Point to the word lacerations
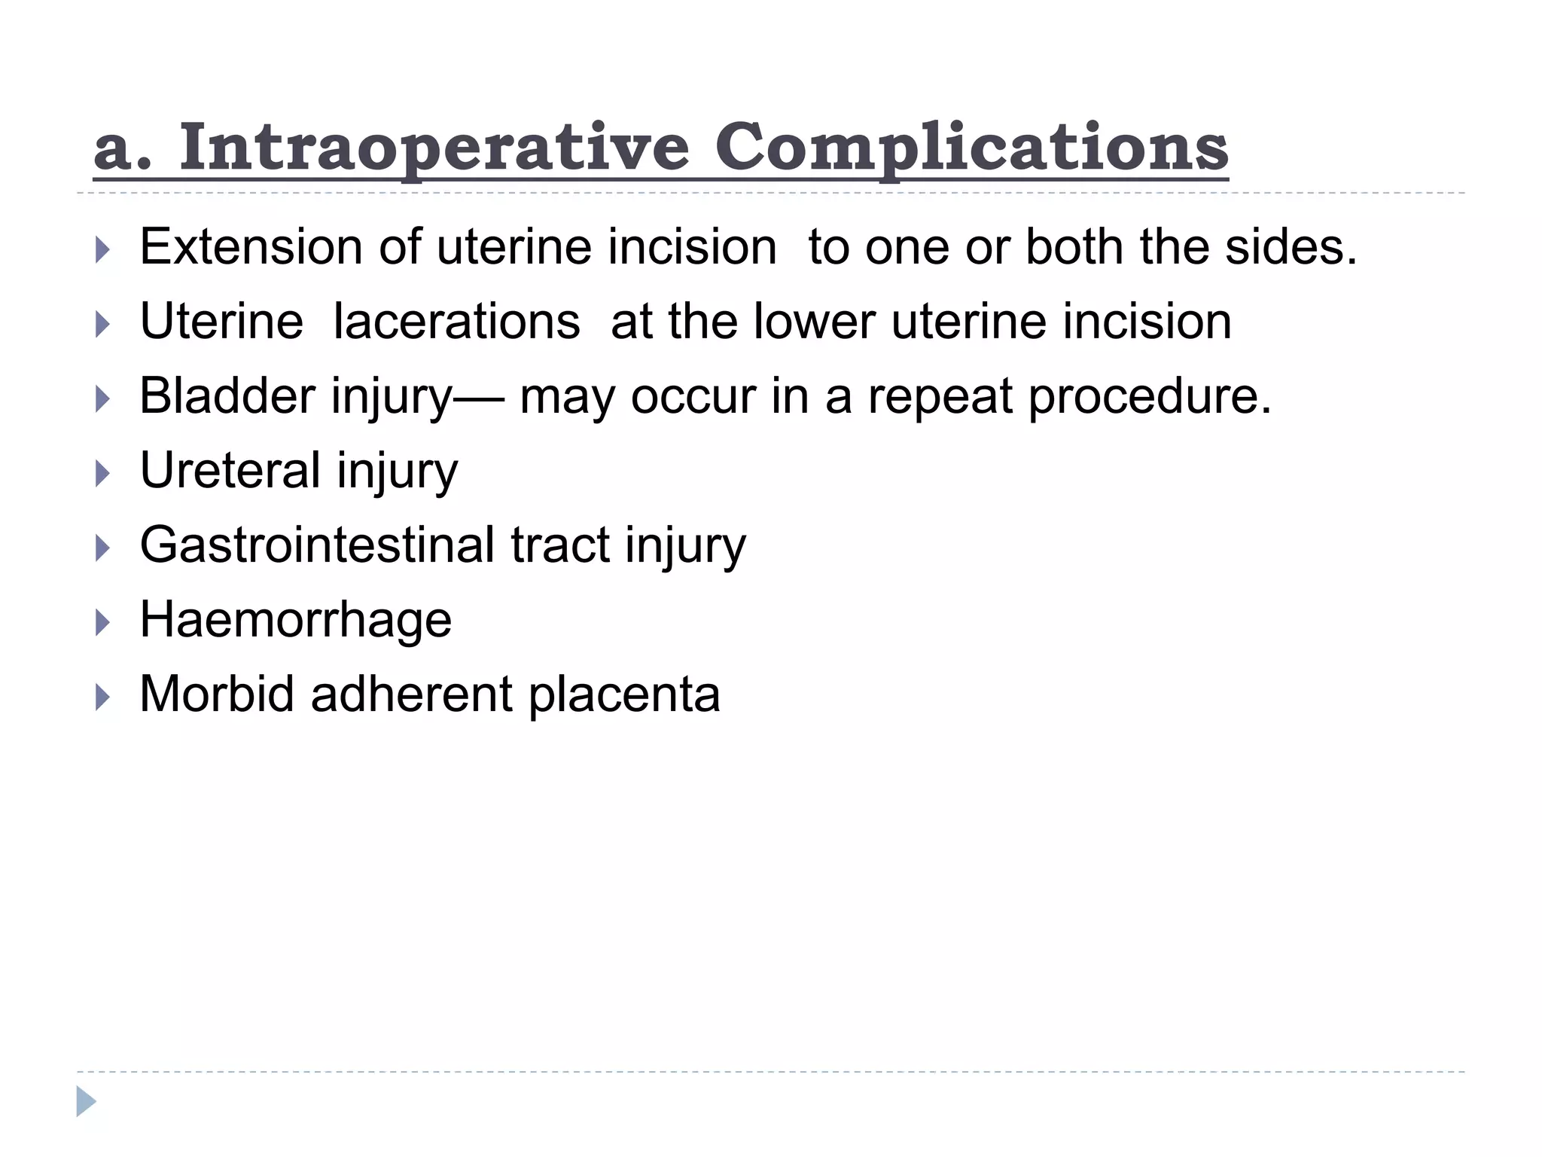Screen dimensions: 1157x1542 [456, 321]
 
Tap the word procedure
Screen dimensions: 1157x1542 [1149, 395]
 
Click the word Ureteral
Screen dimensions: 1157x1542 [230, 470]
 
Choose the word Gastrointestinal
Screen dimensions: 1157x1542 [317, 545]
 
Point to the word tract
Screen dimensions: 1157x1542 [560, 545]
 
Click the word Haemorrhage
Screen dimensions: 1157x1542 [296, 619]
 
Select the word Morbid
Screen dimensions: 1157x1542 [217, 694]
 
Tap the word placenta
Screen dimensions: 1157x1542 [624, 694]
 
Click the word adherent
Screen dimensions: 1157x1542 [411, 694]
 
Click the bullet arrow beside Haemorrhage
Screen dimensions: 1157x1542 [103, 622]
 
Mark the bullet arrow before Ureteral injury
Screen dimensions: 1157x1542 [103, 473]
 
